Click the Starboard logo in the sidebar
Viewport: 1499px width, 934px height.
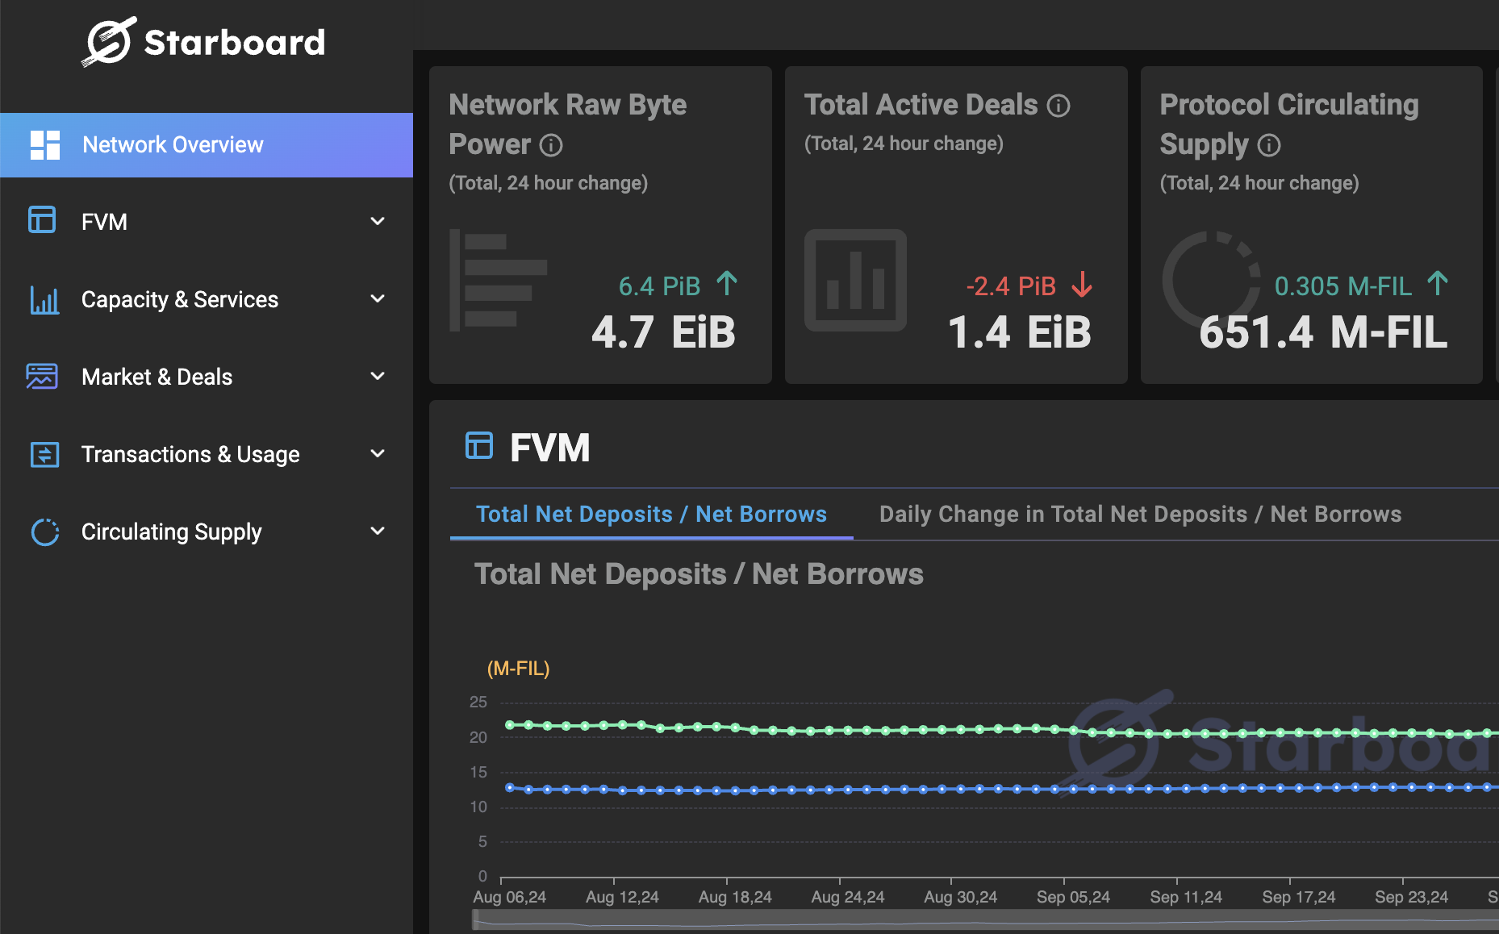[x=203, y=42]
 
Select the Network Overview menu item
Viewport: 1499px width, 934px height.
[x=173, y=145]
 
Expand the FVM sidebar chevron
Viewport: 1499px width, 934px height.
[x=377, y=221]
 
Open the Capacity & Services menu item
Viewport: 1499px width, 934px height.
[x=179, y=300]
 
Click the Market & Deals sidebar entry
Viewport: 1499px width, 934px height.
[x=157, y=377]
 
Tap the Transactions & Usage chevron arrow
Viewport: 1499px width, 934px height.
[x=377, y=453]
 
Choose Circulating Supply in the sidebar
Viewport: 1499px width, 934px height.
[x=171, y=532]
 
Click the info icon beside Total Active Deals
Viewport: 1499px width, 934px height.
[x=1058, y=106]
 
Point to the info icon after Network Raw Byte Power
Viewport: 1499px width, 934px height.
[x=551, y=145]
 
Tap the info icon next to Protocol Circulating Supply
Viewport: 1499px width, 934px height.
[x=1269, y=145]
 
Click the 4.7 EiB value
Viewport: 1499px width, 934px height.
[x=663, y=332]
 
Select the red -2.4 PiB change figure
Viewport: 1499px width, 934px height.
[x=1011, y=286]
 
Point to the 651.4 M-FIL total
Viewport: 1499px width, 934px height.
[x=1323, y=332]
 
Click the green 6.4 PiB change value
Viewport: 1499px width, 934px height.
[x=659, y=286]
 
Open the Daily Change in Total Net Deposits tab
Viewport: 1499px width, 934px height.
[x=1140, y=515]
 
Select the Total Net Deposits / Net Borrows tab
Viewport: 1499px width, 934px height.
[x=651, y=515]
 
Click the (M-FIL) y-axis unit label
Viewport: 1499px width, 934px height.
[x=518, y=669]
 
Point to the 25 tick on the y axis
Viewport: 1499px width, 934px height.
[x=478, y=703]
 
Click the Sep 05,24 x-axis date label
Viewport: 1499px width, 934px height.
[x=1073, y=897]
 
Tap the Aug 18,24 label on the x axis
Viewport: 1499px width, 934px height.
[x=735, y=897]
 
